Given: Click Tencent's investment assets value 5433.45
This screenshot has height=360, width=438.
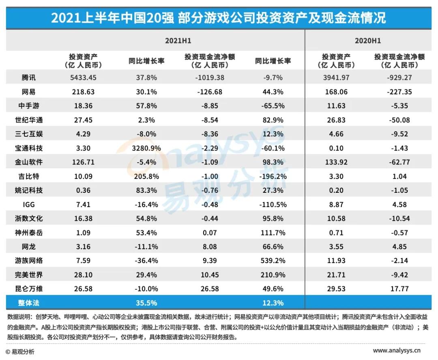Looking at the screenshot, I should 83,78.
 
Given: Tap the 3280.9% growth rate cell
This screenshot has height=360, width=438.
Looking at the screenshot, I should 146,148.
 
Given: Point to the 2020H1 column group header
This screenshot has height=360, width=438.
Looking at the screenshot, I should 368,41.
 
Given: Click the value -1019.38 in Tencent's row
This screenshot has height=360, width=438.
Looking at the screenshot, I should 209,78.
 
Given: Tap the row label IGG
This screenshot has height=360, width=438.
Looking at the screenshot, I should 29,205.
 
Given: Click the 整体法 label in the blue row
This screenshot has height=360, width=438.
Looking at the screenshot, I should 30,303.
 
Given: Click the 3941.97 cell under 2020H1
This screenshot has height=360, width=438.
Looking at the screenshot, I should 336,78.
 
